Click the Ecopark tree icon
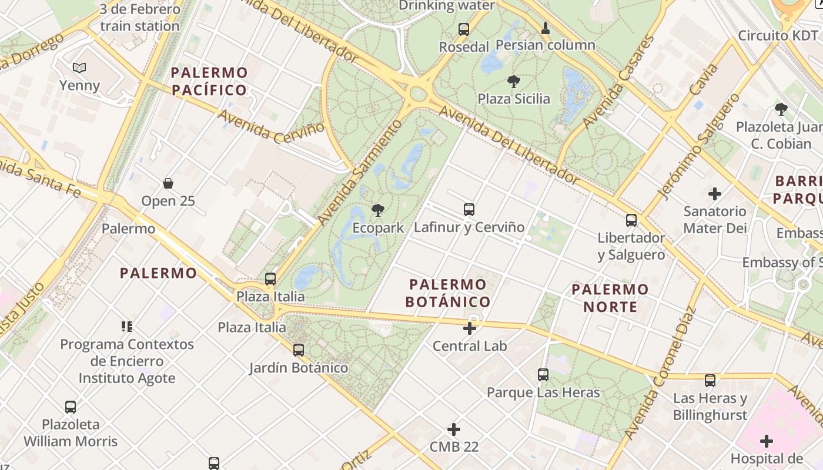[377, 210]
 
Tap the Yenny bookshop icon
[79, 68]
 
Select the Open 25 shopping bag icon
[168, 183]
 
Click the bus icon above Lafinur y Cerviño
[469, 209]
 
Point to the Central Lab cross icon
[470, 328]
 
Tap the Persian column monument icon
[546, 28]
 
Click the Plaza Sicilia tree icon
[514, 81]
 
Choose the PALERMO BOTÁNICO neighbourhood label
[449, 293]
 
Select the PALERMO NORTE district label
[610, 298]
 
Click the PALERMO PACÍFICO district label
[209, 81]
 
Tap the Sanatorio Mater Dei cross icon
[715, 193]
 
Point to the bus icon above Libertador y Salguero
[631, 220]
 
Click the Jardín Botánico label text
[299, 368]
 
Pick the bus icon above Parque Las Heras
[543, 374]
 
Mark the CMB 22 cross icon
[454, 429]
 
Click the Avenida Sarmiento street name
[360, 172]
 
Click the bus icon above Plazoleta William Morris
[71, 407]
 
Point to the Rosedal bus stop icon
[464, 29]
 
